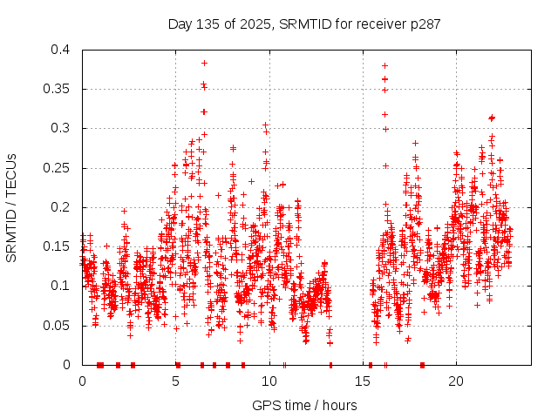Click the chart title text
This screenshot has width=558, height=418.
coord(303,24)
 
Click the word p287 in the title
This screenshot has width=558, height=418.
coord(425,24)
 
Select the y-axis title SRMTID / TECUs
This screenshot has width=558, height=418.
coord(11,207)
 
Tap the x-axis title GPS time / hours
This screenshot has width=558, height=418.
coord(303,405)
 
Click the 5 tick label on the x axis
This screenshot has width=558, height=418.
coord(176,381)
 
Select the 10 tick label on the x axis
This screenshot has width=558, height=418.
coord(269,381)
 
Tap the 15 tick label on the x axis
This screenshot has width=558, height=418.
coord(363,381)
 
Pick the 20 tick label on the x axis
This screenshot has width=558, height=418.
coord(456,381)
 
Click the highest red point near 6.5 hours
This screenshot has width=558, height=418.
coord(204,63)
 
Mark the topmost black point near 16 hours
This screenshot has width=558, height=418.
coord(384,65)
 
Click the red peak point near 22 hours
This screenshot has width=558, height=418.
coord(492,118)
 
